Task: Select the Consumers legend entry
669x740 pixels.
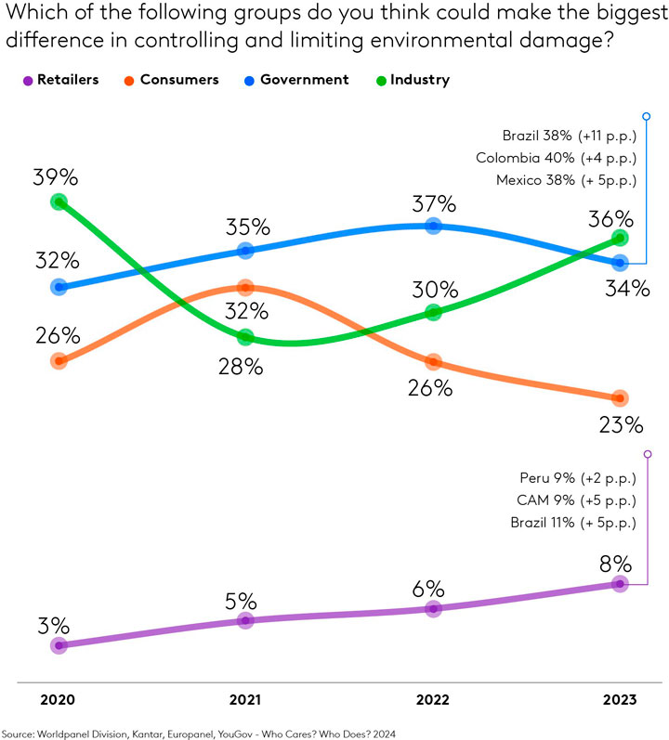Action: tap(172, 80)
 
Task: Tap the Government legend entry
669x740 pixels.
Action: tap(297, 80)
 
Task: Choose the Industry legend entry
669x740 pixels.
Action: tap(417, 80)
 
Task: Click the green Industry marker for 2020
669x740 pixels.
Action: tap(59, 201)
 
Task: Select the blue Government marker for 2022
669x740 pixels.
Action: tap(433, 226)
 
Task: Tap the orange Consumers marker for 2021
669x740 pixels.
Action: tap(245, 287)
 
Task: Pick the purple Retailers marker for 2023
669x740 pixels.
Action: tap(620, 583)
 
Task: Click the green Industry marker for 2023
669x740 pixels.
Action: tap(620, 239)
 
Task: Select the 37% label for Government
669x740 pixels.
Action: tap(433, 203)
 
